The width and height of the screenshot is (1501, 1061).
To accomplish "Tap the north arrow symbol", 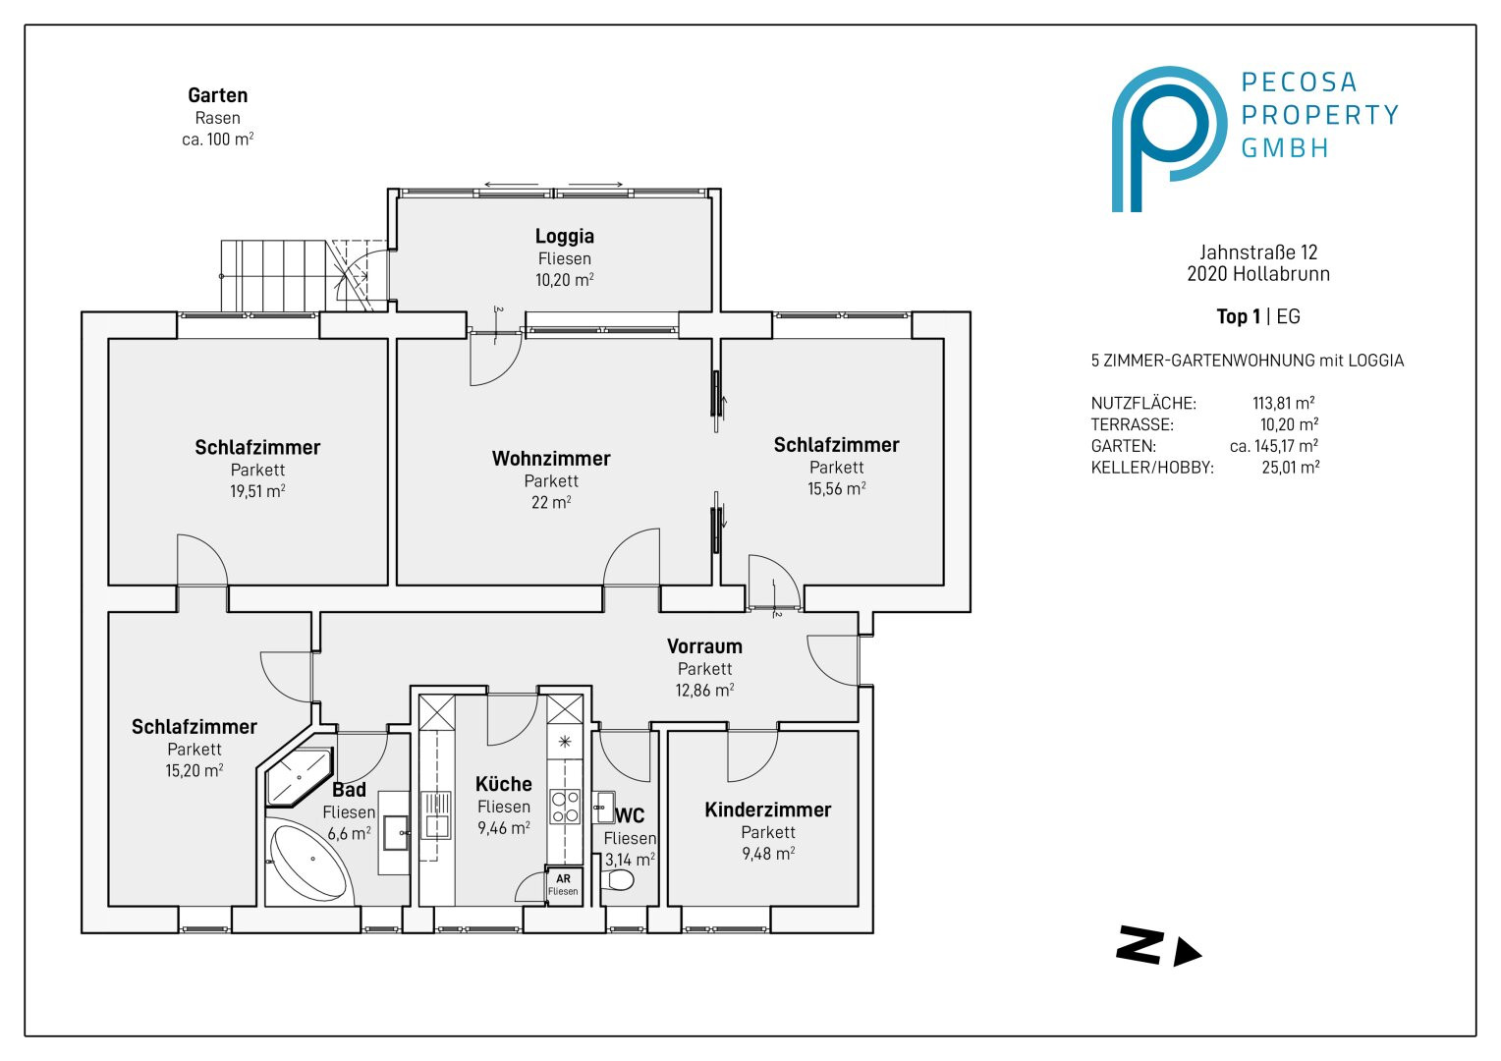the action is tap(1158, 947).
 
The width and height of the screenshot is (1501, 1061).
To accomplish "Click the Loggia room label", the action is tap(564, 236).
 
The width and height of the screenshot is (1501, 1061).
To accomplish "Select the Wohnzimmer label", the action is tap(551, 459).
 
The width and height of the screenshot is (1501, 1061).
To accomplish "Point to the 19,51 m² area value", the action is tap(257, 491).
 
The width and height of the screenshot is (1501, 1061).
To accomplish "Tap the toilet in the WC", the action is tap(617, 879).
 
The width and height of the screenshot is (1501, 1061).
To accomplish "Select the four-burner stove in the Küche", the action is tap(565, 807).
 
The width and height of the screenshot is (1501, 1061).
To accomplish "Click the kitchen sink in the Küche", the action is tap(436, 815).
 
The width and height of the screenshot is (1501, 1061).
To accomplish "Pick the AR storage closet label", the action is tap(563, 884).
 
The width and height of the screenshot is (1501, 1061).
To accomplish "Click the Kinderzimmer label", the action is tap(768, 810).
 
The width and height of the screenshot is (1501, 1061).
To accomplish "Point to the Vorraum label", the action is tap(704, 646).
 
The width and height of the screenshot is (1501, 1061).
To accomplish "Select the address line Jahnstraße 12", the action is tap(1258, 252).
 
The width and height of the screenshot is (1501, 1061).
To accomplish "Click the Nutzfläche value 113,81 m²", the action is tap(1283, 403).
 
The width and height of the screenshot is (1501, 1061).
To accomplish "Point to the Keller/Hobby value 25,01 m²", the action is tap(1290, 468).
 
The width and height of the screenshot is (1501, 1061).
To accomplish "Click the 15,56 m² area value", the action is tap(836, 488).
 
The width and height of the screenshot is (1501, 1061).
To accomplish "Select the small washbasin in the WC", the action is tap(604, 807).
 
